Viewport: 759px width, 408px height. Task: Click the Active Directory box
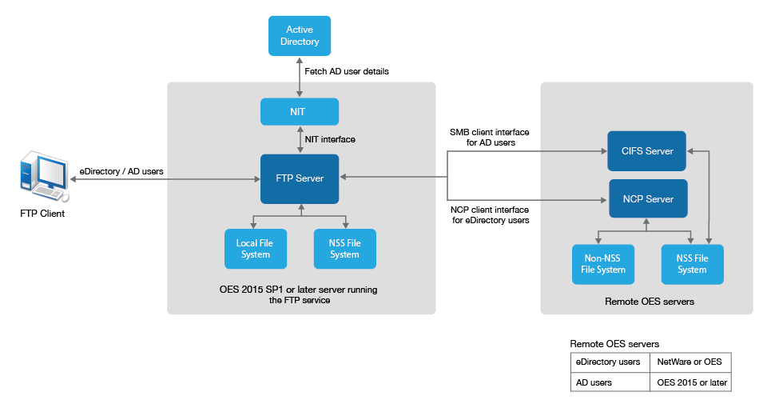(300, 36)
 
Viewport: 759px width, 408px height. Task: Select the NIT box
(300, 112)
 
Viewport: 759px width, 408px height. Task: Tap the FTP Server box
(300, 178)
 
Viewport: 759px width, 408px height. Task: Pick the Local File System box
(255, 249)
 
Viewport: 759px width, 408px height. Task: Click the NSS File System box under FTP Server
(344, 249)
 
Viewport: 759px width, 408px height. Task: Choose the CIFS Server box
(647, 151)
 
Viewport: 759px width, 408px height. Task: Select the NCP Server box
(647, 199)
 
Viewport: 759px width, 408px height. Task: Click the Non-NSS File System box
(603, 264)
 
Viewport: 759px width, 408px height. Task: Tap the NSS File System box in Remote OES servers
(692, 264)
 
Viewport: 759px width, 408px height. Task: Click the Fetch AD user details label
(348, 71)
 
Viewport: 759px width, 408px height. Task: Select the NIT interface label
(330, 139)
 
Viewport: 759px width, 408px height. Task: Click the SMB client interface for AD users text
(490, 138)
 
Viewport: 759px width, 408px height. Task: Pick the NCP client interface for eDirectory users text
(490, 214)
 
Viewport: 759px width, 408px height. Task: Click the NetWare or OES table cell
(689, 362)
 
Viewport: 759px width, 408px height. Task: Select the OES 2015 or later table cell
(689, 382)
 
